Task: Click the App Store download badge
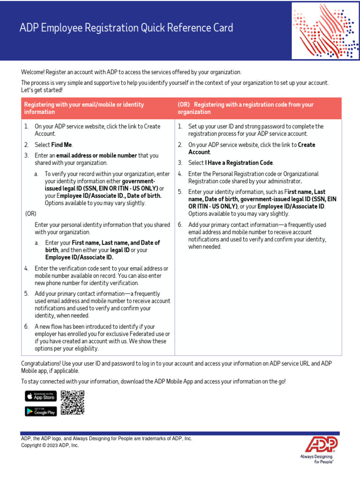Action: (x=41, y=396)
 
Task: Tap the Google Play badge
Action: (x=41, y=412)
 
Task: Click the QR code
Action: (x=73, y=403)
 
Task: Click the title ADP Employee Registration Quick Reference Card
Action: (x=126, y=28)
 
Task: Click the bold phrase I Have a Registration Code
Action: (x=239, y=163)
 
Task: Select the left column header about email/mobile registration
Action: (x=84, y=108)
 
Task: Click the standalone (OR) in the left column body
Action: (x=30, y=213)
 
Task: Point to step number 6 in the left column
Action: (x=26, y=326)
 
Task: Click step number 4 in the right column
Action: (x=180, y=174)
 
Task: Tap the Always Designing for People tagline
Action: (x=317, y=459)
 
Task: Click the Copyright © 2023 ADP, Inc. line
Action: (x=50, y=445)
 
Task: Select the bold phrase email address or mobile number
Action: (x=97, y=156)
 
